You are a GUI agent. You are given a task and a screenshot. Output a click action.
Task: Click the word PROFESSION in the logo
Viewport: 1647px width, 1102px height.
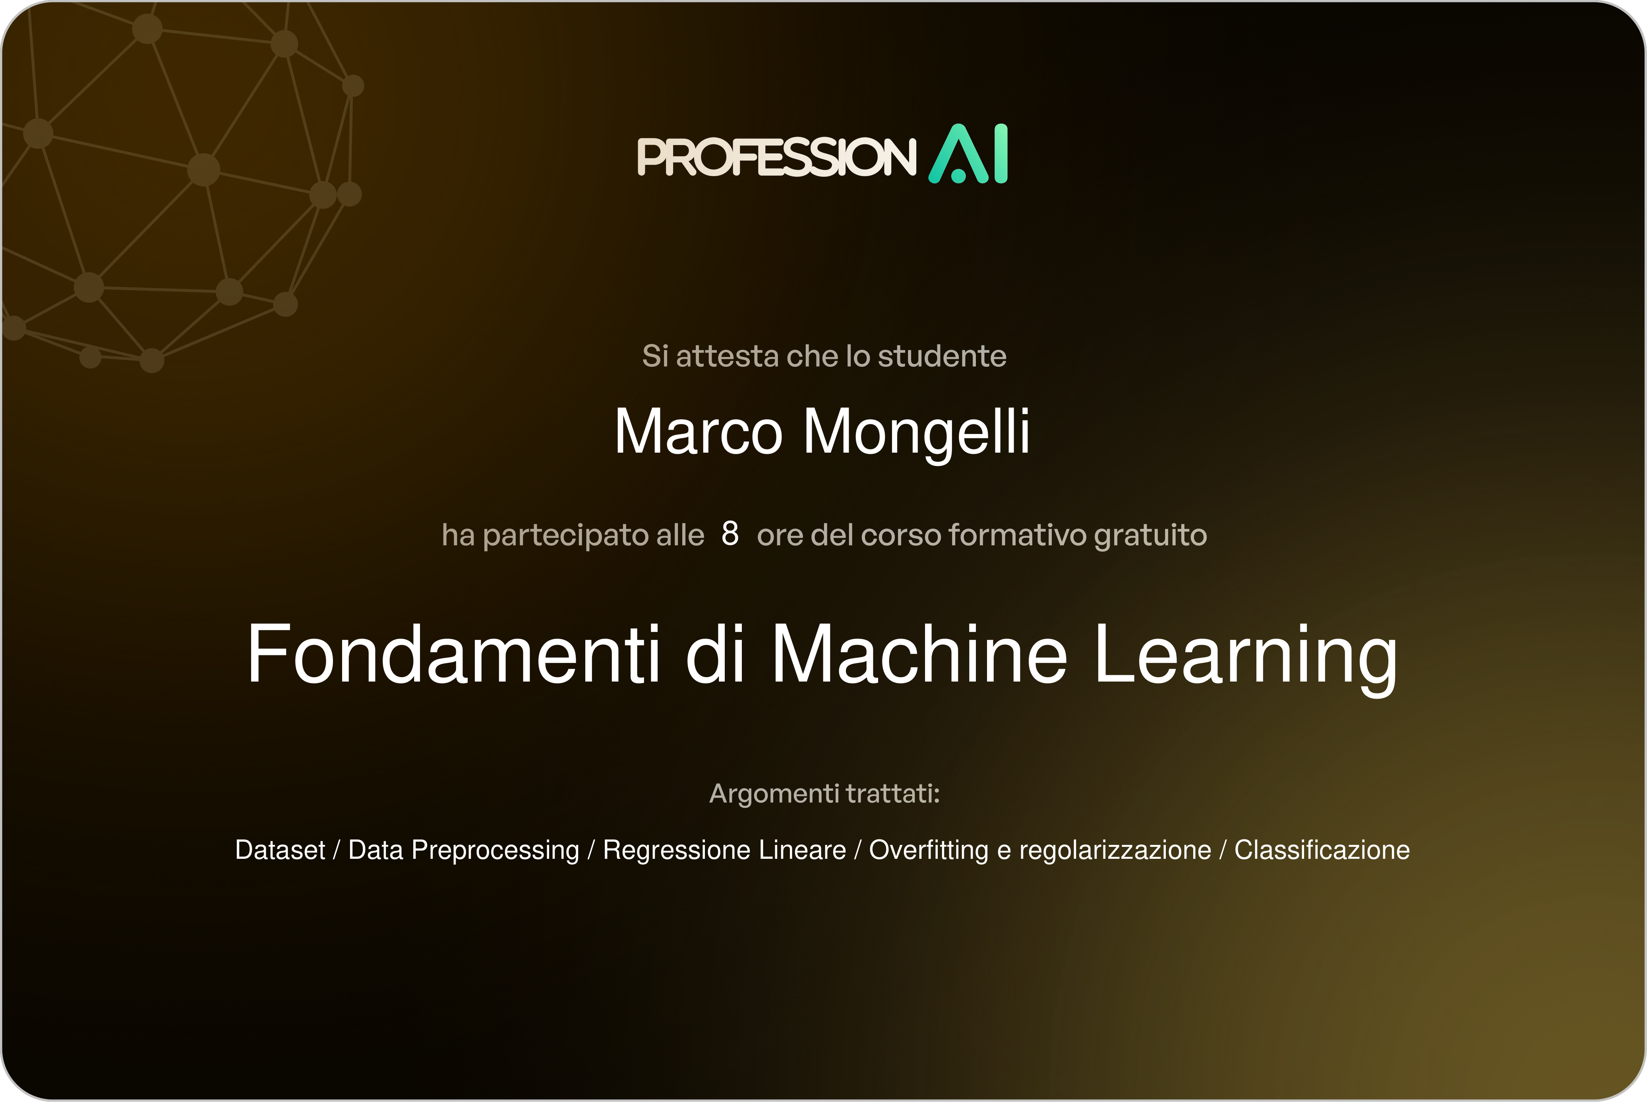pyautogui.click(x=776, y=156)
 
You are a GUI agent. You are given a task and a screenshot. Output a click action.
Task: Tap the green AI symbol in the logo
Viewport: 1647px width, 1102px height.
pyautogui.click(x=968, y=154)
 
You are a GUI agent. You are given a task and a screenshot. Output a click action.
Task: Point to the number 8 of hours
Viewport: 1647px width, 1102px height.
pyautogui.click(x=730, y=534)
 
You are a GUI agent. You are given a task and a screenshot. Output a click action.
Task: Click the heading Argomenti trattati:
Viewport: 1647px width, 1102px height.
pyautogui.click(x=824, y=794)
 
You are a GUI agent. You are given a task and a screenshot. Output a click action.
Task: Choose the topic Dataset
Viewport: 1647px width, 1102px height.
pyautogui.click(x=280, y=850)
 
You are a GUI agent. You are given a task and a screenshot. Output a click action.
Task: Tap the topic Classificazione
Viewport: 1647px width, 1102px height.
pyautogui.click(x=1322, y=850)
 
